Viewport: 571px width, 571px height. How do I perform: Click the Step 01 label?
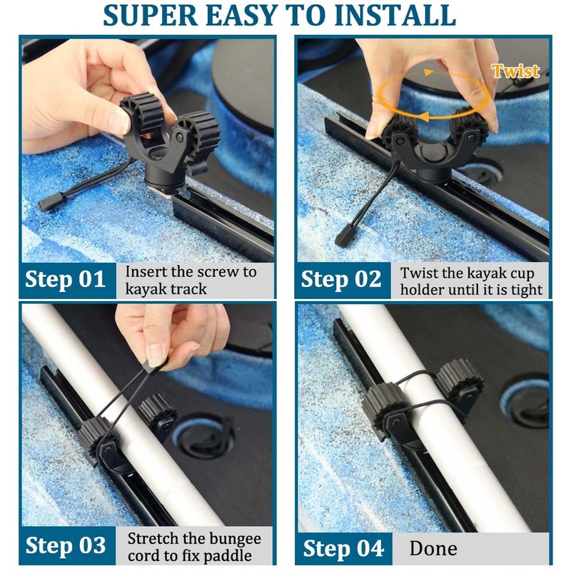click(65, 280)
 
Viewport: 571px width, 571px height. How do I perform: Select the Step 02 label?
click(341, 280)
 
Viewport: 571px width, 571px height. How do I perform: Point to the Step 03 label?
click(66, 546)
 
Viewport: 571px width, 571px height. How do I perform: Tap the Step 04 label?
click(343, 548)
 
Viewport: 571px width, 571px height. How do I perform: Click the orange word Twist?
click(515, 71)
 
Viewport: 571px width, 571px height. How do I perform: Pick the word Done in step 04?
click(433, 548)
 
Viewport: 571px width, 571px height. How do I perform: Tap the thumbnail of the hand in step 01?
click(121, 122)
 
